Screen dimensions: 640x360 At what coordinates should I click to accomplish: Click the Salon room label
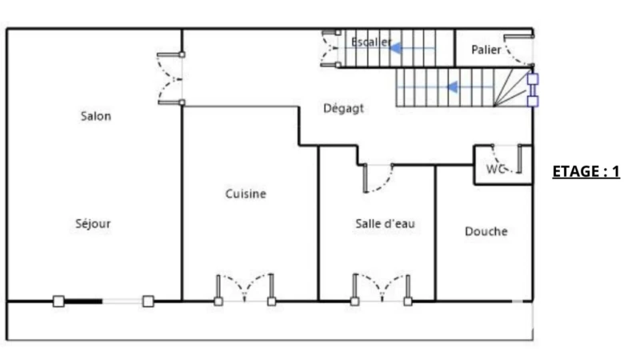coord(96,116)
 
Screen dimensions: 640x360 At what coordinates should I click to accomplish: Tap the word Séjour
coord(93,224)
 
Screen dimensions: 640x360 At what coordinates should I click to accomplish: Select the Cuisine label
coord(246,194)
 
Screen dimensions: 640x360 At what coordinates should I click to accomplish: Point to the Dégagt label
coord(343,109)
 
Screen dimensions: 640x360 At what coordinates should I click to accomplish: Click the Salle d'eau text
coord(385,224)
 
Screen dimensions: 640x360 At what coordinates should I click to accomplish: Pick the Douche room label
coord(486,231)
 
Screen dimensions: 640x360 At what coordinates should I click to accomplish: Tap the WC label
coord(495,169)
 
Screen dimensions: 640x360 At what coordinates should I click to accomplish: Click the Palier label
coord(486,50)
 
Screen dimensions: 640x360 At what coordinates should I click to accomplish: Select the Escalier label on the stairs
coord(371,42)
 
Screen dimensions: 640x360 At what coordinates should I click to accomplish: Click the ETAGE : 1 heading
coord(586,171)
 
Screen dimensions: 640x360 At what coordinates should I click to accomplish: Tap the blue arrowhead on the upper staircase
coord(395,49)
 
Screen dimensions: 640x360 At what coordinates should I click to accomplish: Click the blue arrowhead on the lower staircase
coord(452,87)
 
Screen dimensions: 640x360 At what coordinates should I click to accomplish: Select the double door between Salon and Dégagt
coord(170,78)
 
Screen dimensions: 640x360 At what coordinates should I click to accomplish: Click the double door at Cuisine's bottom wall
coord(245,289)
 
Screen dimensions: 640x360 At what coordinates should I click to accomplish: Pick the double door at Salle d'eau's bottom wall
coord(382,289)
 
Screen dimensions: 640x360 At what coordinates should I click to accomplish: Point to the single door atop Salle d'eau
coord(378,178)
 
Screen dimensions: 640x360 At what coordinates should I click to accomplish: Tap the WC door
coord(506,158)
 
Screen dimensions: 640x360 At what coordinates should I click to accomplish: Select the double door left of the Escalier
coord(331,48)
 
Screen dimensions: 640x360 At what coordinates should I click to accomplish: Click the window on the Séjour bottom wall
coord(103,302)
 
